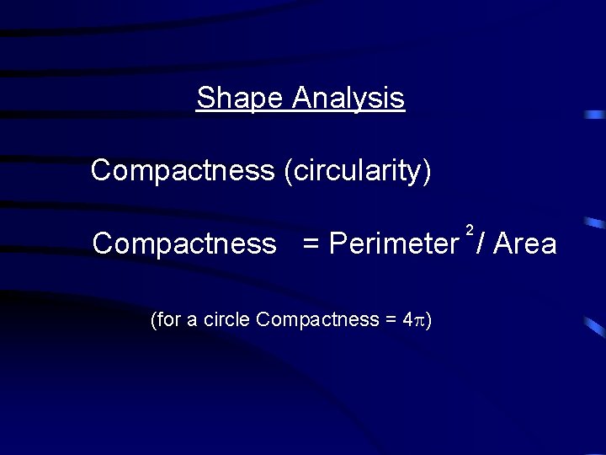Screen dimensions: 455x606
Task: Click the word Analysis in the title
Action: tap(348, 99)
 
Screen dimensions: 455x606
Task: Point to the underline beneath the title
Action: tap(300, 112)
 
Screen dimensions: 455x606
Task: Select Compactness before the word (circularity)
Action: tap(183, 170)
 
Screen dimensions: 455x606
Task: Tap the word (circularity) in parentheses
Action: tap(358, 171)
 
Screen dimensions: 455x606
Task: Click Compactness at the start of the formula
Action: tap(183, 244)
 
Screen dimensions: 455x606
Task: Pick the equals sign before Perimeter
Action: tap(311, 244)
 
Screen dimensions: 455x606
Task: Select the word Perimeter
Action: tap(393, 244)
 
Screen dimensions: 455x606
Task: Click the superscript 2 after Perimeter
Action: tap(469, 230)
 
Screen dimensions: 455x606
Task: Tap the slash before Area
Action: tap(479, 244)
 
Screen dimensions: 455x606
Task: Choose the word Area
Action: tap(525, 244)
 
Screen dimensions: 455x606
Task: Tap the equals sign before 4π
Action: tap(391, 320)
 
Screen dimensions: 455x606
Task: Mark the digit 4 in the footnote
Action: tap(407, 319)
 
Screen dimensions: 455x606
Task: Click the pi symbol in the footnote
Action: tap(419, 321)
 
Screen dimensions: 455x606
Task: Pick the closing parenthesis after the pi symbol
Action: tap(428, 320)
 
